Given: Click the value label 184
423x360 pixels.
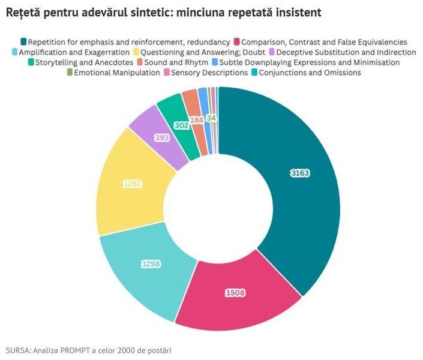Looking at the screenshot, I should tap(196, 120).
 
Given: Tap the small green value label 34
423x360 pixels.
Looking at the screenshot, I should tap(211, 118).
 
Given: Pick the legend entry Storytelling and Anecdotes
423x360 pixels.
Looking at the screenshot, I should tap(80, 62).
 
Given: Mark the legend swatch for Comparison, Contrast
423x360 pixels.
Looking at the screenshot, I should tap(238, 42).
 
